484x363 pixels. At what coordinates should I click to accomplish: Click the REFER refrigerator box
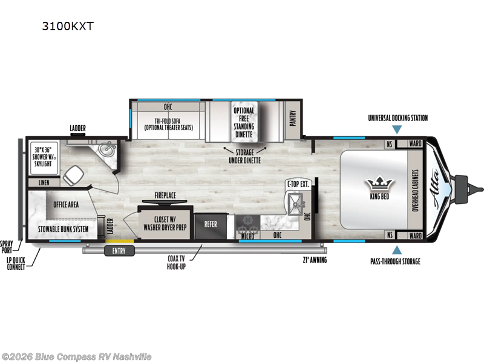(211, 224)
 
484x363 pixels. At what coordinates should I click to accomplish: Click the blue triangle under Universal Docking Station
(396, 129)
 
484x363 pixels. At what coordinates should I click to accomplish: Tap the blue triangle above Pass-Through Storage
(396, 250)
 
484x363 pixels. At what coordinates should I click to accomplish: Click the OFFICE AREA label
(66, 204)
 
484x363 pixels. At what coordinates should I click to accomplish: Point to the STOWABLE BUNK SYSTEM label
(64, 229)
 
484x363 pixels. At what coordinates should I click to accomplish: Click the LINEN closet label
(44, 182)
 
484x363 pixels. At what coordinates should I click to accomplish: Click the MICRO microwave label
(246, 236)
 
